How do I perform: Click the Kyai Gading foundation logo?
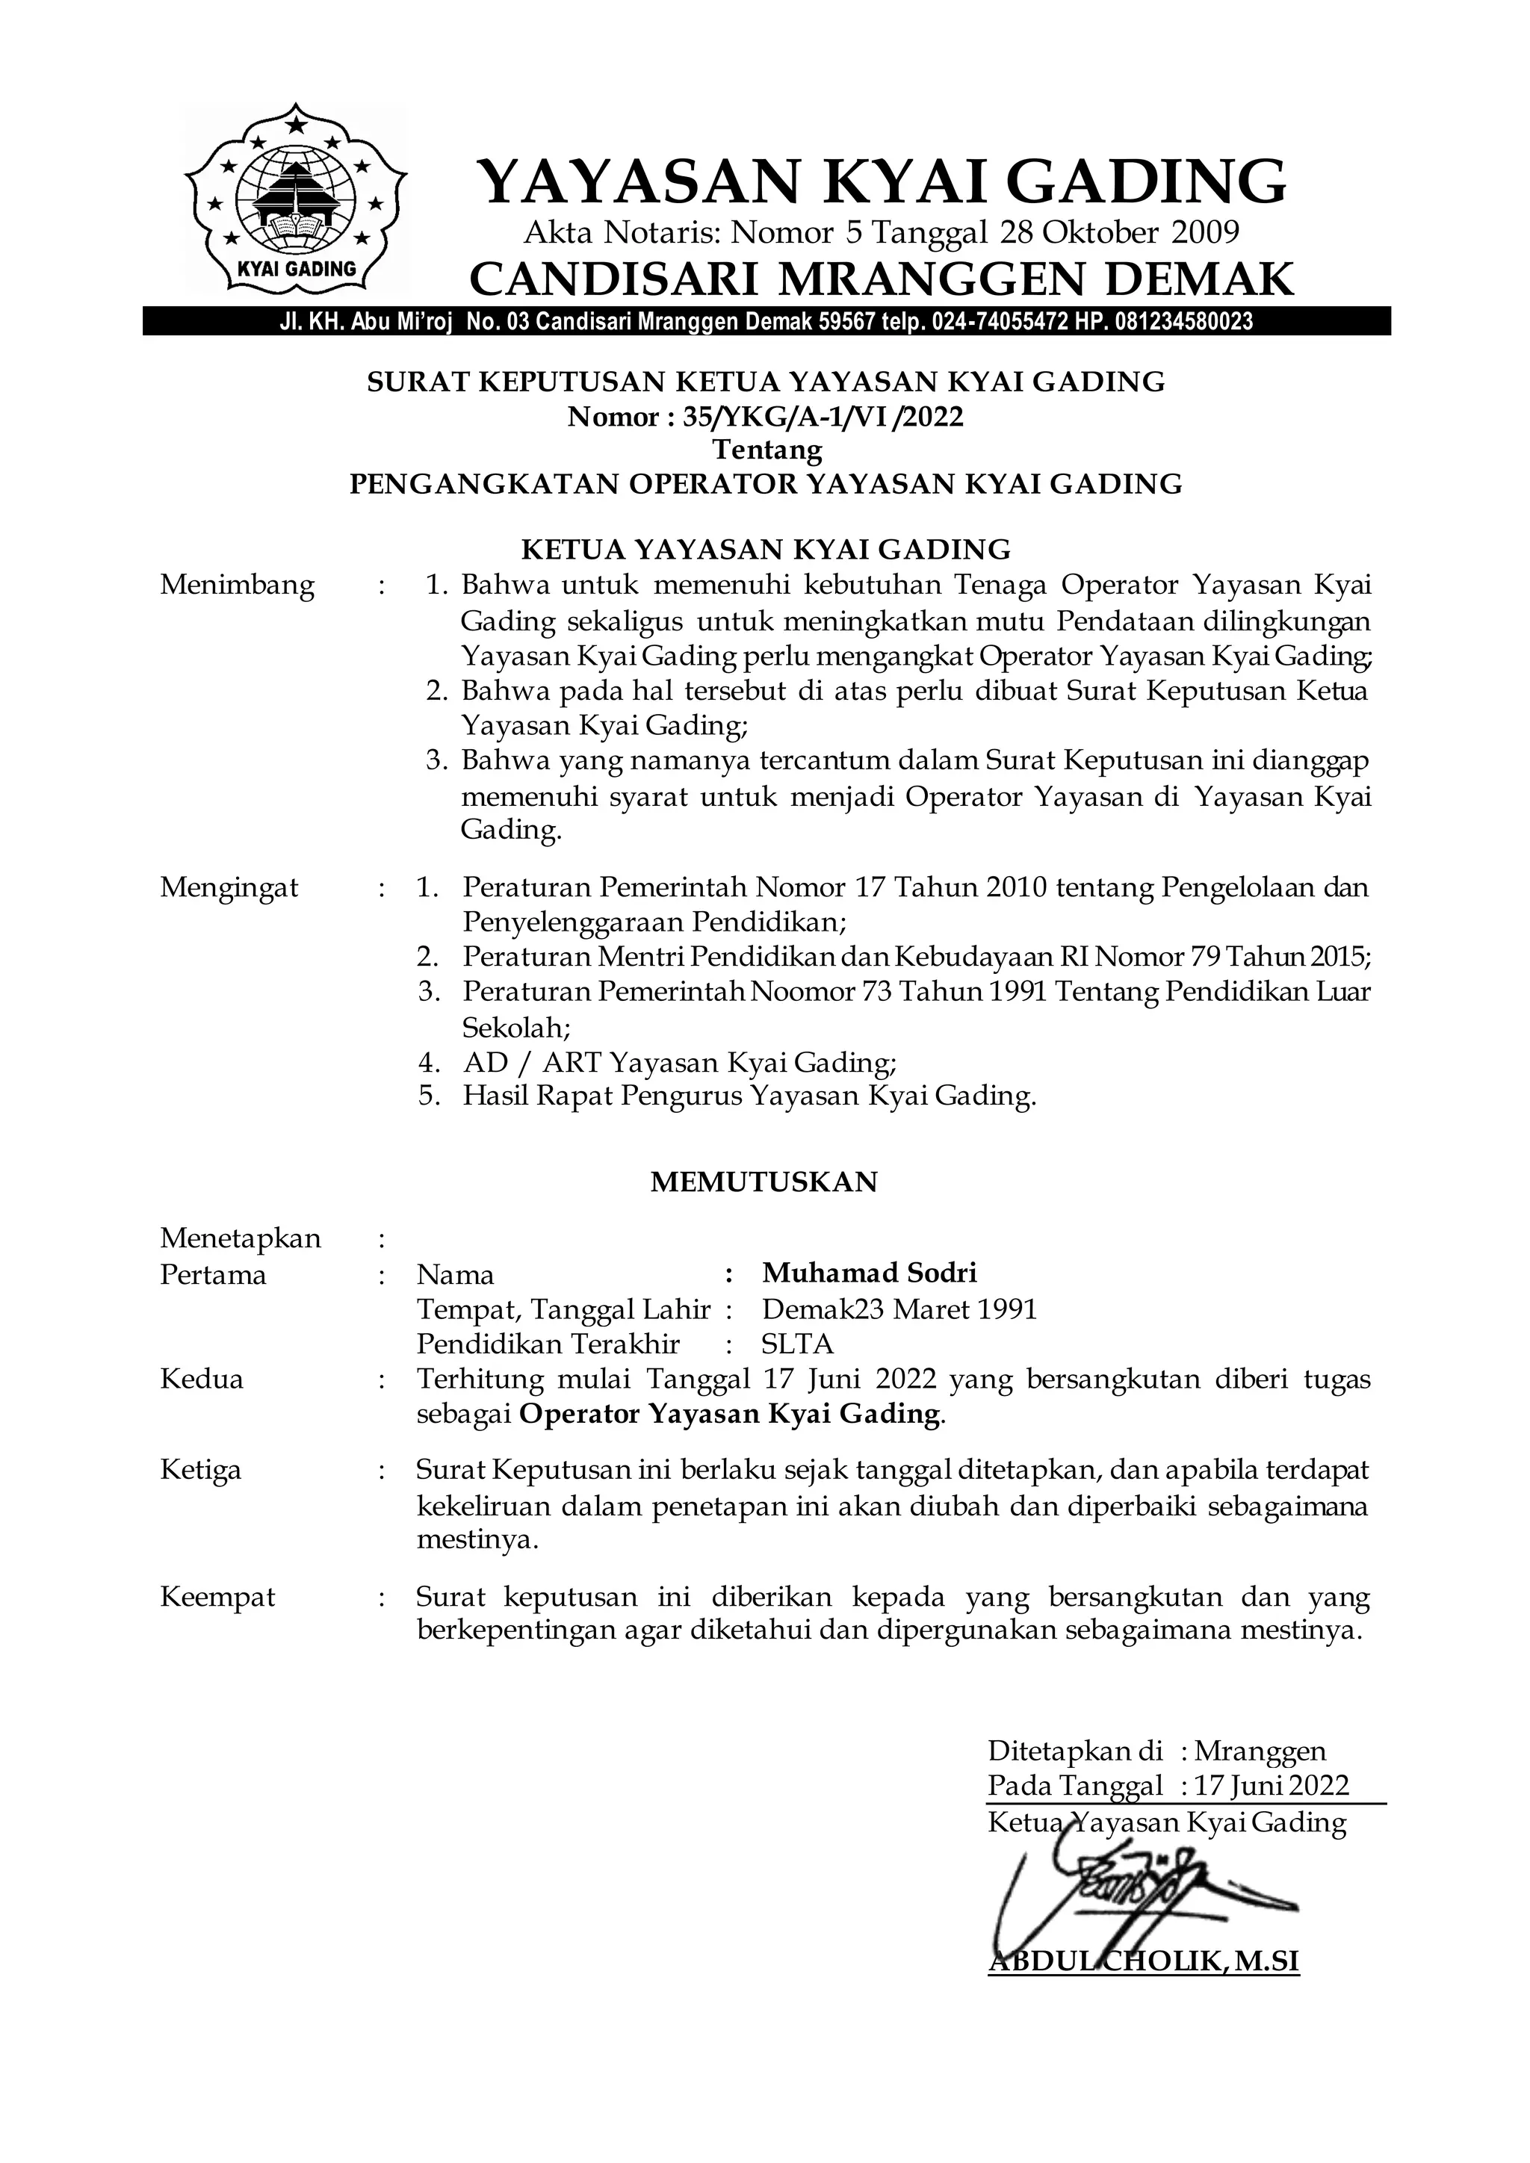(296, 199)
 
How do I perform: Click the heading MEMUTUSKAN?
(763, 1182)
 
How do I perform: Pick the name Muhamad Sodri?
(870, 1273)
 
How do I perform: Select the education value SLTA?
(797, 1344)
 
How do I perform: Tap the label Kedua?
(202, 1380)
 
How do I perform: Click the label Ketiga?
(201, 1470)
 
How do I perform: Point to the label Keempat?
(217, 1597)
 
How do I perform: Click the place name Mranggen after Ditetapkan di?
(1260, 1751)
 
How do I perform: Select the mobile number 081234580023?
(1184, 322)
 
